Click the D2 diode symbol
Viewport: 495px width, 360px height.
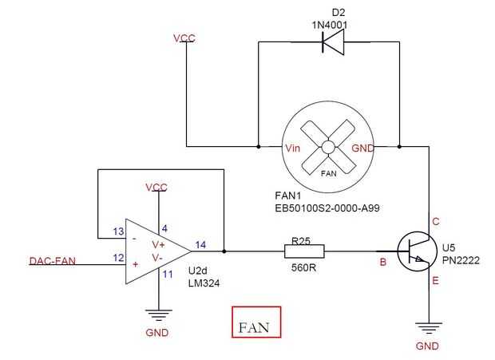point(331,43)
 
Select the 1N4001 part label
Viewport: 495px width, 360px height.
point(331,26)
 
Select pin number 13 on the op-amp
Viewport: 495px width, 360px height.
point(118,231)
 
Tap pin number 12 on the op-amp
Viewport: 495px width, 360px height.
point(118,258)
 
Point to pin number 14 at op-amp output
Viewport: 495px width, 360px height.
point(200,245)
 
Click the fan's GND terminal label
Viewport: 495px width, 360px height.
point(362,148)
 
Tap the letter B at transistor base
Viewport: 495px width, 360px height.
point(383,261)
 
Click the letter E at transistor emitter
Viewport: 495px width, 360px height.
point(436,281)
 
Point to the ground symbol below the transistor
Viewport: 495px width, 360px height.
point(429,326)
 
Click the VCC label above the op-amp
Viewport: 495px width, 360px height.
point(156,188)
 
